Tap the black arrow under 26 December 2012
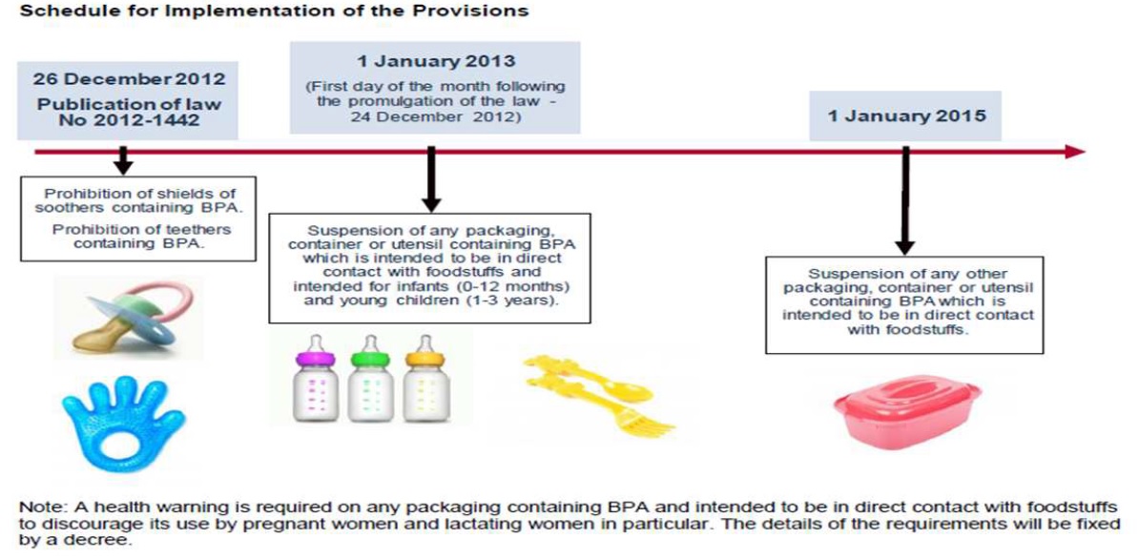122,159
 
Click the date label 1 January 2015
907,116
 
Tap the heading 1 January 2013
435,64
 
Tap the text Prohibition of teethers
142,229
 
